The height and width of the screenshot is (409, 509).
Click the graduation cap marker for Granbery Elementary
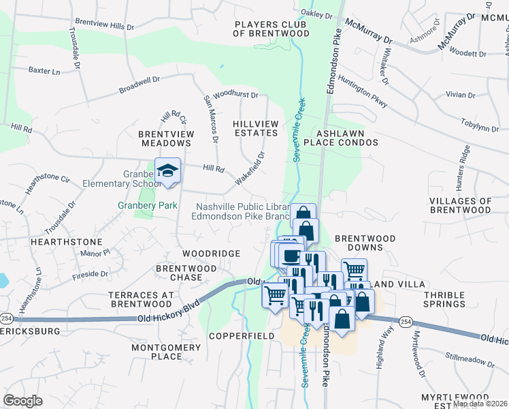(x=167, y=171)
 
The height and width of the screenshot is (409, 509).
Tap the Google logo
(x=22, y=400)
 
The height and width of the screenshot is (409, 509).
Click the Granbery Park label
(x=148, y=205)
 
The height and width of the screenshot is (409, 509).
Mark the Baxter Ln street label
(x=44, y=70)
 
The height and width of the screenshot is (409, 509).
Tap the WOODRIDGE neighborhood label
(x=211, y=254)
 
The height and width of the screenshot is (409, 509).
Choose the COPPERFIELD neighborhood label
(x=242, y=336)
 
